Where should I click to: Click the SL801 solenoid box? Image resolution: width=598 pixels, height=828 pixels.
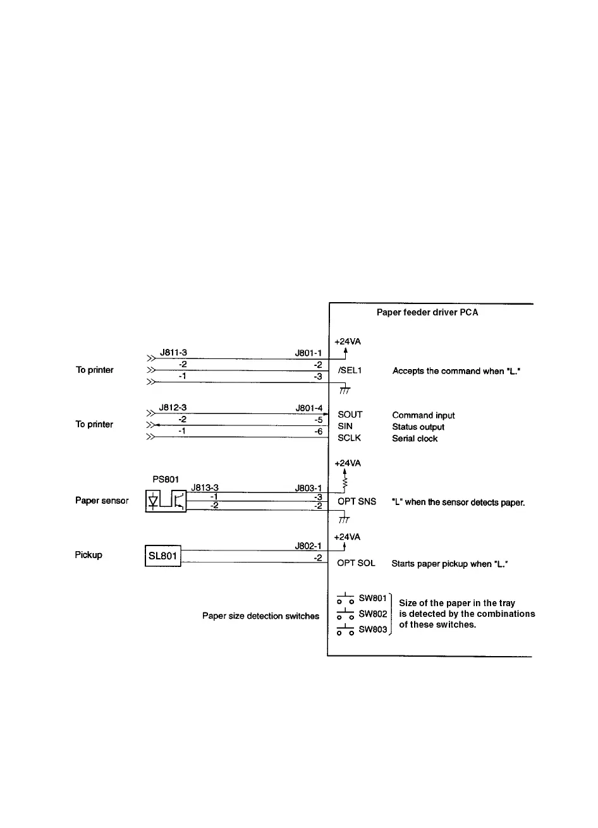[163, 557]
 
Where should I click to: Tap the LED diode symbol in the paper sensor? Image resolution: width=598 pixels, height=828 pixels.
[153, 501]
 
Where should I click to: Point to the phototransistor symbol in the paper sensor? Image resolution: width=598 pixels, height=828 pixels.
[179, 501]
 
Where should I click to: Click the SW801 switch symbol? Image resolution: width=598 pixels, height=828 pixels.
[345, 598]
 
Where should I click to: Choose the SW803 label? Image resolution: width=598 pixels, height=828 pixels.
[372, 630]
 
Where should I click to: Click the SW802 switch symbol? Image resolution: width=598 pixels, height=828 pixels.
[345, 614]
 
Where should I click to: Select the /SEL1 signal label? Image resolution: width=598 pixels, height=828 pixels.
[350, 371]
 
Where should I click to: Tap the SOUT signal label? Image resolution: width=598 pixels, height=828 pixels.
[350, 415]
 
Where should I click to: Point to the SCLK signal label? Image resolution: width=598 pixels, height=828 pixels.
[350, 438]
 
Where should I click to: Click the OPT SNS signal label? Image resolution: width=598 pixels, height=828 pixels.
[357, 501]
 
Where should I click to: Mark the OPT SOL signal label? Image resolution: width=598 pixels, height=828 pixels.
[357, 563]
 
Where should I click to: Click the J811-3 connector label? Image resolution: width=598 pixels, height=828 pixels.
[173, 353]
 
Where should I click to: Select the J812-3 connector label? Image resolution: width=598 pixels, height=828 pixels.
[173, 408]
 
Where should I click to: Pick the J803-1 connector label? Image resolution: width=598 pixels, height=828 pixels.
[308, 488]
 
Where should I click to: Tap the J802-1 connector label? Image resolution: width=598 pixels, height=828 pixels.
[308, 545]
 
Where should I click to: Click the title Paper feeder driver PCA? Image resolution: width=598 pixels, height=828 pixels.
[427, 312]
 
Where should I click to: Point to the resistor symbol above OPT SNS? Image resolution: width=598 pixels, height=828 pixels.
[345, 484]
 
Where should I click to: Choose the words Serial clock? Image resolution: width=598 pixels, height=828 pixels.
[415, 439]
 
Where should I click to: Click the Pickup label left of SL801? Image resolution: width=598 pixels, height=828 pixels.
[88, 555]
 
